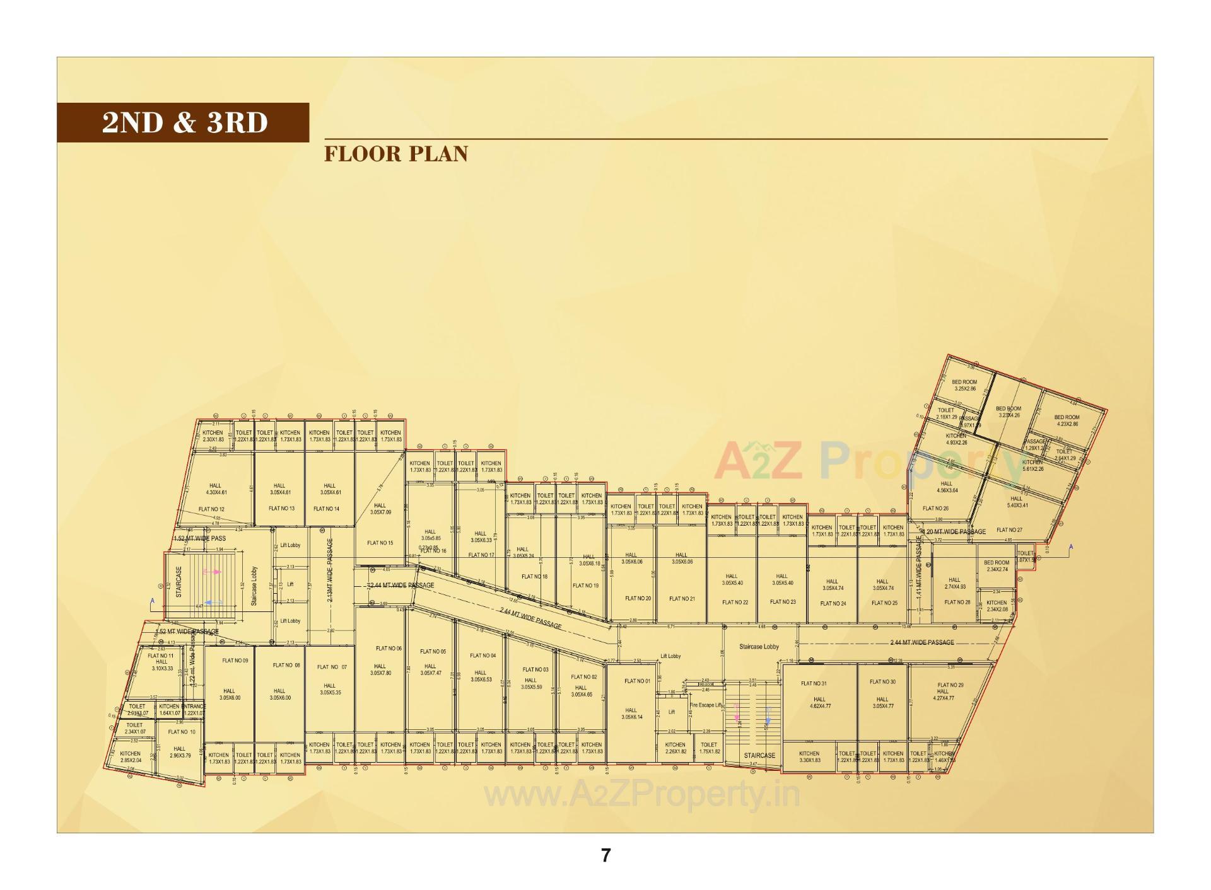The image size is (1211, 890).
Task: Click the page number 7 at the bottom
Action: coord(605,855)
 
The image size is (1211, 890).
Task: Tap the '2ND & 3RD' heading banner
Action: coord(184,122)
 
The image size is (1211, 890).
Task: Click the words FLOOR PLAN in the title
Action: coord(396,154)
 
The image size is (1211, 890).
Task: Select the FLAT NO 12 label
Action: coord(211,509)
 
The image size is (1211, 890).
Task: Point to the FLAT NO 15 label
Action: coord(380,543)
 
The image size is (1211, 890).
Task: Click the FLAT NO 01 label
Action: coord(637,681)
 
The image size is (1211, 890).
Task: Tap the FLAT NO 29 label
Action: coord(951,685)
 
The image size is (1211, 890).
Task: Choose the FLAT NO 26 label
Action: coord(935,508)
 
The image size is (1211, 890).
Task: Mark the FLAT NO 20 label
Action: coord(638,598)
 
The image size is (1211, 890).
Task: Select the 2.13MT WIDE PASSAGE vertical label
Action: coord(330,570)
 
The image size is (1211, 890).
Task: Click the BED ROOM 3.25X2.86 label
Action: coord(964,385)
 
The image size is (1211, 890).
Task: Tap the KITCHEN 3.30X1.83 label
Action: coord(809,756)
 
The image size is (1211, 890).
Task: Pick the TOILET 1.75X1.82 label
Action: coord(709,748)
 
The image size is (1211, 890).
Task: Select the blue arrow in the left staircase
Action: coord(213,603)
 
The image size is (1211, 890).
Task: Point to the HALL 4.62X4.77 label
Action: coord(819,702)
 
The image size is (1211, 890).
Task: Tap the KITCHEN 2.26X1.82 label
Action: coord(675,748)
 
